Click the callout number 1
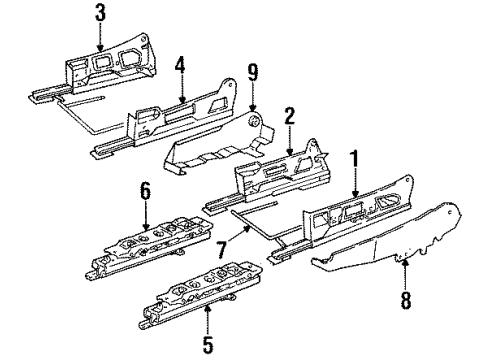[x=353, y=158]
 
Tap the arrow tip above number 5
[x=207, y=313]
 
